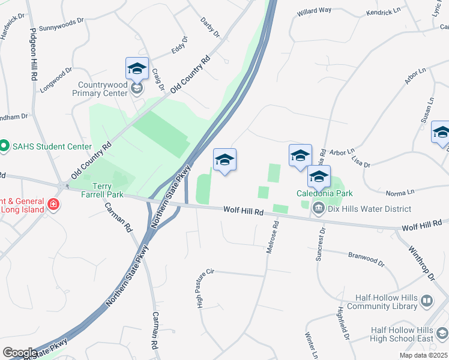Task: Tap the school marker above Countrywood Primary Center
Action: tap(137, 69)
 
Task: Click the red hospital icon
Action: tap(53, 205)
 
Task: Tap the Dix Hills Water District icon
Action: tap(318, 208)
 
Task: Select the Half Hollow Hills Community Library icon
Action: tap(426, 301)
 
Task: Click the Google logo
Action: tap(19, 353)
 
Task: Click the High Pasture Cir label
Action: tap(201, 289)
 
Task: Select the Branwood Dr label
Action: tap(366, 258)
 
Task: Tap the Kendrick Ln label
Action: tap(383, 11)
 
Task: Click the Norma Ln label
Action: tap(400, 192)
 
